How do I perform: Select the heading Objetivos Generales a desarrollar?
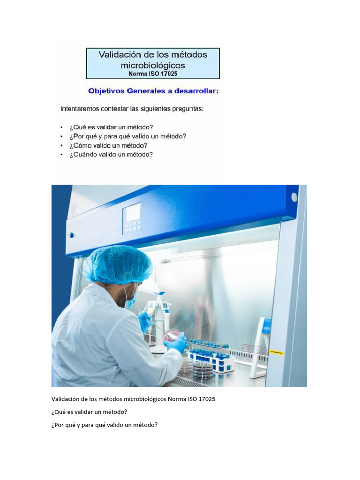pos(153,91)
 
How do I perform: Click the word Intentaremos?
pos(80,109)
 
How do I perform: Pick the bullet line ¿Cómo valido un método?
pos(108,145)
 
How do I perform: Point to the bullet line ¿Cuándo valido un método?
pos(111,154)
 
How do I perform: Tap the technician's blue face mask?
pos(130,300)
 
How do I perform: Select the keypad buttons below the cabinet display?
pos(132,226)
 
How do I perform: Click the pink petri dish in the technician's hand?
pos(171,335)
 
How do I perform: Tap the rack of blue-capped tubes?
pos(213,356)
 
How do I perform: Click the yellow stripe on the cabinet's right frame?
pos(277,352)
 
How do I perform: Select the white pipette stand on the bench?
pos(158,323)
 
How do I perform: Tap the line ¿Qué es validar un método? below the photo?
pos(90,412)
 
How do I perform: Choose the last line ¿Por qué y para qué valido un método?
pos(105,425)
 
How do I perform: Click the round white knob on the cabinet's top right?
pos(294,197)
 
